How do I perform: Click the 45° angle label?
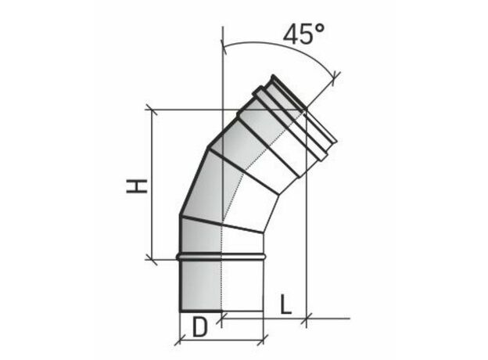(x=303, y=34)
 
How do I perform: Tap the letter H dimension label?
(x=137, y=186)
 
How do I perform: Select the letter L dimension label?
(x=285, y=304)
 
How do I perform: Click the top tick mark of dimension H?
(x=151, y=110)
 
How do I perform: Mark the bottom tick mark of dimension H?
(x=151, y=259)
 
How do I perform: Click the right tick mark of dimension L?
(x=307, y=319)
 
